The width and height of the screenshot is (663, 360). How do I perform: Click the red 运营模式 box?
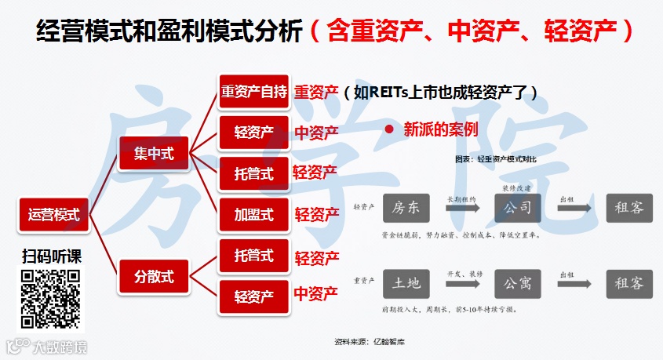pyautogui.click(x=54, y=214)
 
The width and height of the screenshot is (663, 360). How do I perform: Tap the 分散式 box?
pyautogui.click(x=154, y=276)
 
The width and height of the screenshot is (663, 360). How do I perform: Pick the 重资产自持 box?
pyautogui.click(x=253, y=92)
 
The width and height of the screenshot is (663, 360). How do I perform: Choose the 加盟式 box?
pyautogui.click(x=253, y=214)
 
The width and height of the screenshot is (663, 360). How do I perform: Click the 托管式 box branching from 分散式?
pyautogui.click(x=253, y=256)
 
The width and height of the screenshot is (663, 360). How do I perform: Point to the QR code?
pyautogui.click(x=50, y=298)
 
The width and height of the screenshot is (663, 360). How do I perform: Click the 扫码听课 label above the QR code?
pyautogui.click(x=52, y=256)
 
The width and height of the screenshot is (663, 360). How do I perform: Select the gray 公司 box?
pyautogui.click(x=518, y=208)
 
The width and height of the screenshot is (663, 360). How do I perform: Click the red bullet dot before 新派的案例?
pyautogui.click(x=388, y=129)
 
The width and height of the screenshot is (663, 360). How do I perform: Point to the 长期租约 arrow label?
pyautogui.click(x=461, y=199)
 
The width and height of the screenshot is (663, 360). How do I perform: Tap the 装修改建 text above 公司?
pyautogui.click(x=517, y=188)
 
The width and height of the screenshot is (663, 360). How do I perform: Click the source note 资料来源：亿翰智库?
pyautogui.click(x=370, y=342)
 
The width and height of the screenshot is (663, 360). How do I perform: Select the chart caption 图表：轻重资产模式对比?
pyautogui.click(x=496, y=158)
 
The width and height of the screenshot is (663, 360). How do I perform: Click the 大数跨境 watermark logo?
pyautogui.click(x=47, y=346)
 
